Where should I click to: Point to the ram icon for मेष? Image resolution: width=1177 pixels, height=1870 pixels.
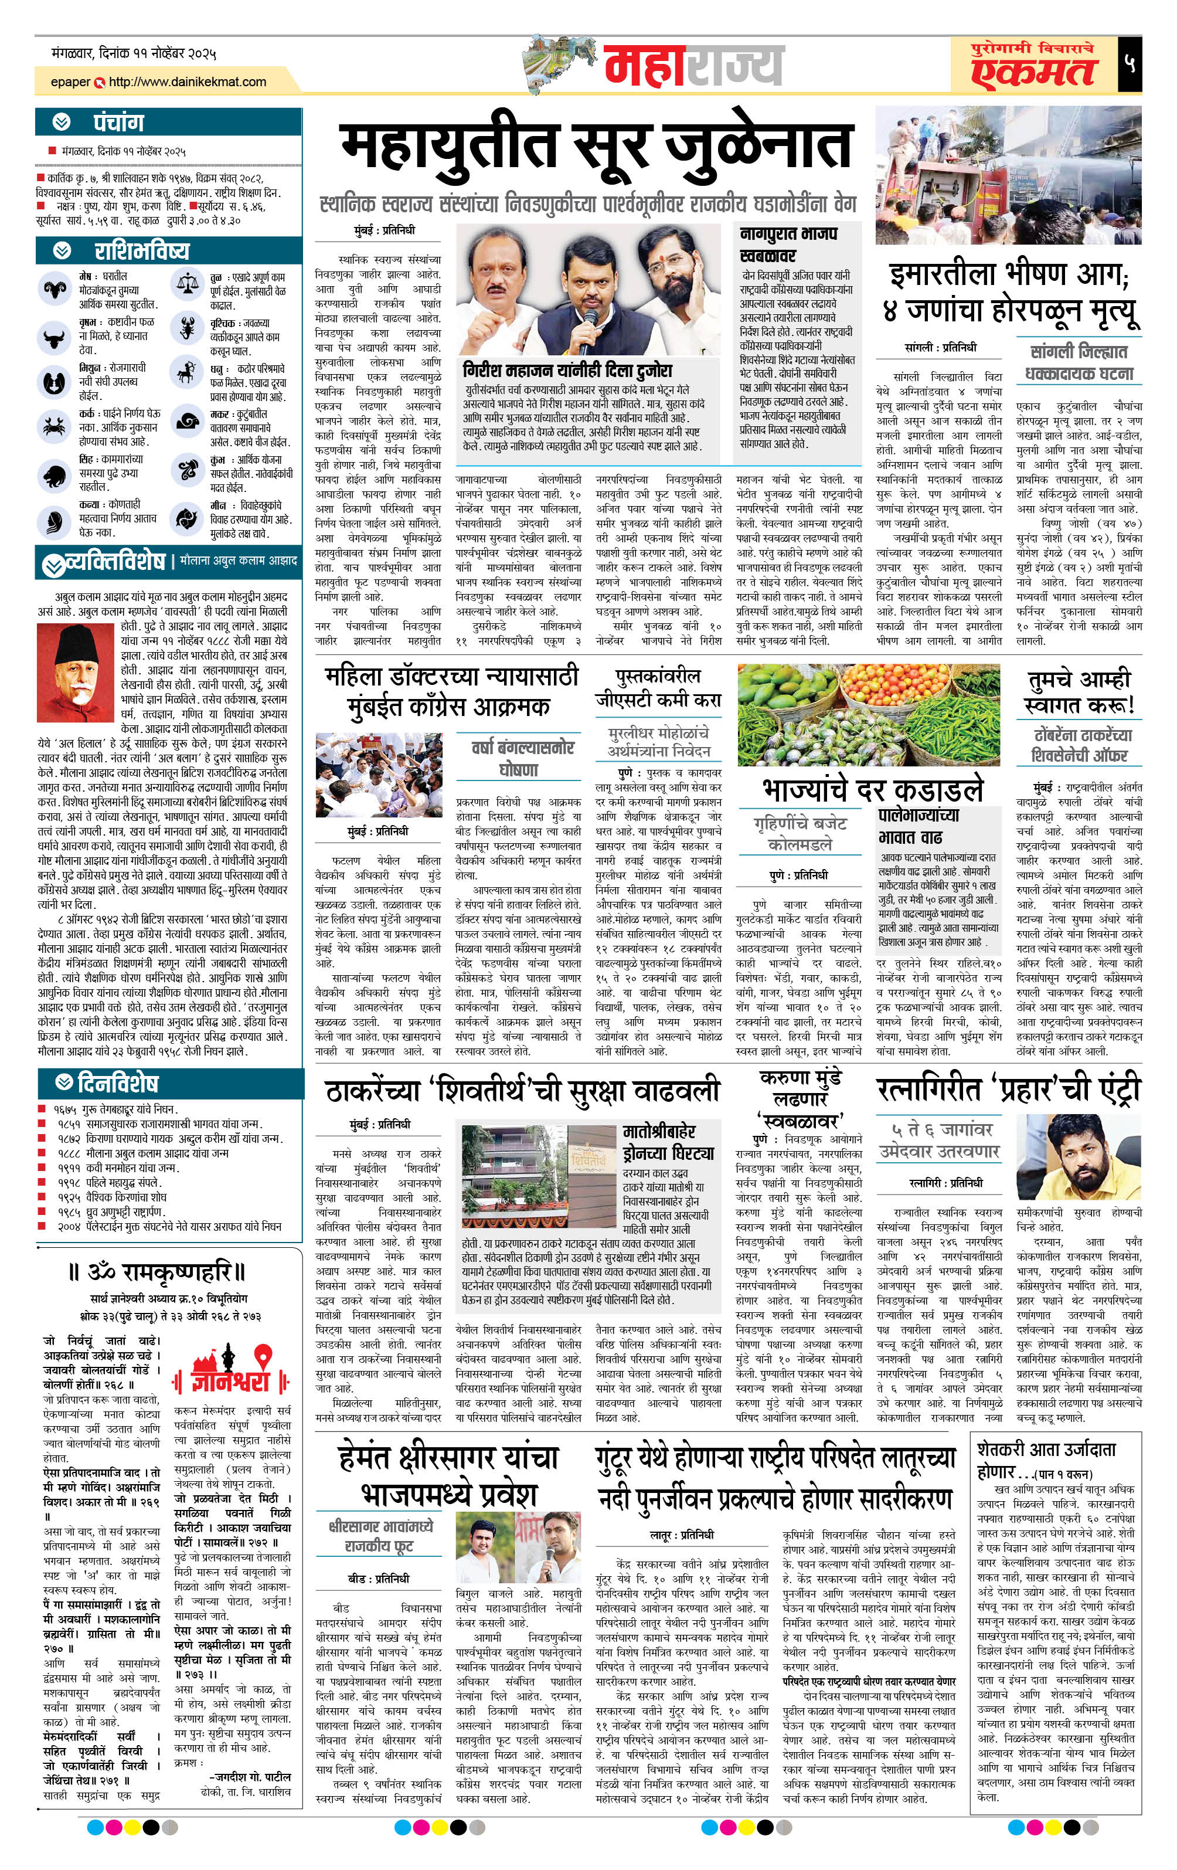(x=55, y=290)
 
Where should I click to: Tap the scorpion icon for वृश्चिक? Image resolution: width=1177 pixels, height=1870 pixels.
(x=186, y=328)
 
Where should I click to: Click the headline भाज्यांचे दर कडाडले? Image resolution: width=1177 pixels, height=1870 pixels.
(x=873, y=789)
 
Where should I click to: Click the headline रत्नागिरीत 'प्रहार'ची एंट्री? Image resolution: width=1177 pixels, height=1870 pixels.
(x=1008, y=1090)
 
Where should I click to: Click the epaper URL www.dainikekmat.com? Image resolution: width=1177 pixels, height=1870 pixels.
(x=187, y=82)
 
